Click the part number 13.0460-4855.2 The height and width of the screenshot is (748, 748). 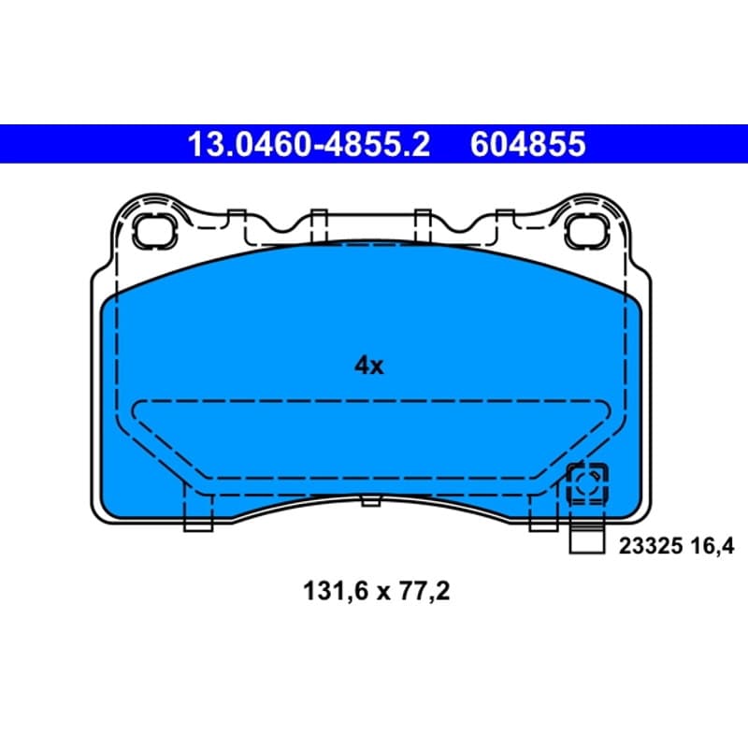pos(309,144)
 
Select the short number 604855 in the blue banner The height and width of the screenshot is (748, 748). pos(527,144)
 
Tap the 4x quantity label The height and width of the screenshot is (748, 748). pos(368,366)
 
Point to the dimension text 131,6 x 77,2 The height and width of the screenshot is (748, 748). pos(377,592)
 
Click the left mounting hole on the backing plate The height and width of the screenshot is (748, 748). pos(154,231)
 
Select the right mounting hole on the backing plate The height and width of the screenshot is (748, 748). pos(587,231)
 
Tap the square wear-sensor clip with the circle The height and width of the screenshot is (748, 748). pos(587,484)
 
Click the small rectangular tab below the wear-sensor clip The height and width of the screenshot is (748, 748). pos(587,538)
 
